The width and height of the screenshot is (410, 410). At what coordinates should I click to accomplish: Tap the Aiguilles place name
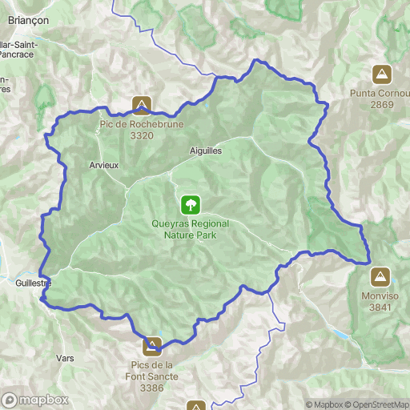206,150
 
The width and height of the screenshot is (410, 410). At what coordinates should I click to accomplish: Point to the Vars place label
65,358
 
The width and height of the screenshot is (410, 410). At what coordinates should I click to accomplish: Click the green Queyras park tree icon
191,204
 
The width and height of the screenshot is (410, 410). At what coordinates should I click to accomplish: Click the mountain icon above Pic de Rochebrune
142,106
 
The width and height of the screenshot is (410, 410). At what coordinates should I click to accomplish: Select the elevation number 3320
141,135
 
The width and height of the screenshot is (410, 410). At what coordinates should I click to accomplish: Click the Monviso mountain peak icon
380,277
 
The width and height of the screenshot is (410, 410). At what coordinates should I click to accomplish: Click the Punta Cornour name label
382,94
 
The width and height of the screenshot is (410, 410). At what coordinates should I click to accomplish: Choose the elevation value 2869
382,104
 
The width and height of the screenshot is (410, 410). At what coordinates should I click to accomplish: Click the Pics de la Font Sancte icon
151,346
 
